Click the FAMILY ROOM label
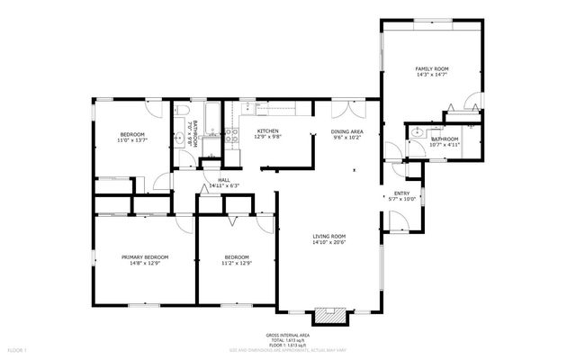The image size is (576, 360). pyautogui.click(x=430, y=69)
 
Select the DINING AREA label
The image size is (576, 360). pyautogui.click(x=347, y=131)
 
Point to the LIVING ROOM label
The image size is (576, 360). pyautogui.click(x=328, y=236)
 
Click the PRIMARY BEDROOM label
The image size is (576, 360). pyautogui.click(x=145, y=256)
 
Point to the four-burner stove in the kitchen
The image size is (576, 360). pyautogui.click(x=231, y=137)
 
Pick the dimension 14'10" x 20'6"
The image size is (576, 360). pyautogui.click(x=328, y=243)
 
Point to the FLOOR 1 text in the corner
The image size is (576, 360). pyautogui.click(x=18, y=349)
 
